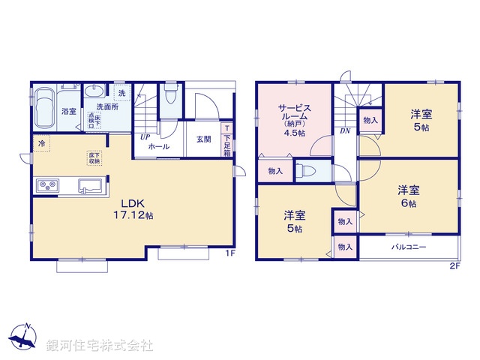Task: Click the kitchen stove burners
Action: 48,185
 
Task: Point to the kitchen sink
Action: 91,186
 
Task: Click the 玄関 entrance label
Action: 204,139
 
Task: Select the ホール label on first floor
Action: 158,147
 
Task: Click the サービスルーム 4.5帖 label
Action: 292,118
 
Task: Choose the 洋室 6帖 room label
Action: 407,196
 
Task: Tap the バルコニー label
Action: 407,247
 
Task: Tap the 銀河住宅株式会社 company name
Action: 99,346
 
